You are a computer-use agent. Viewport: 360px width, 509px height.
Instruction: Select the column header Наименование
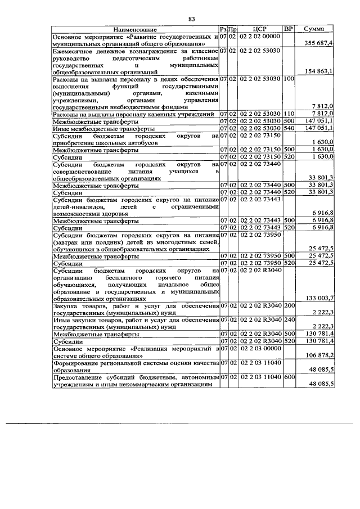click(134, 29)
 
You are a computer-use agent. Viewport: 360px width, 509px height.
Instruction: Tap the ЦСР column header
click(259, 29)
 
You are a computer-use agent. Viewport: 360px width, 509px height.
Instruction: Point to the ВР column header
click(288, 29)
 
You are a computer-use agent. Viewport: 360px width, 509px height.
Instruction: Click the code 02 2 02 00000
click(259, 36)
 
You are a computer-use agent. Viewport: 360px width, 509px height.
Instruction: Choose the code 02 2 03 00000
click(259, 349)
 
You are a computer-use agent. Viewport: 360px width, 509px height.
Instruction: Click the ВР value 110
click(289, 114)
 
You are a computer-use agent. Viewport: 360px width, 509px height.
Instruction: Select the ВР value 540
click(289, 128)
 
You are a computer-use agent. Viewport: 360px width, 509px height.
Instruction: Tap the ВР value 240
click(289, 319)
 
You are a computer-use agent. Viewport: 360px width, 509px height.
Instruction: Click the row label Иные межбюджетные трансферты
click(96, 128)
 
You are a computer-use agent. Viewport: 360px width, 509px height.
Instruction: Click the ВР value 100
click(289, 79)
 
